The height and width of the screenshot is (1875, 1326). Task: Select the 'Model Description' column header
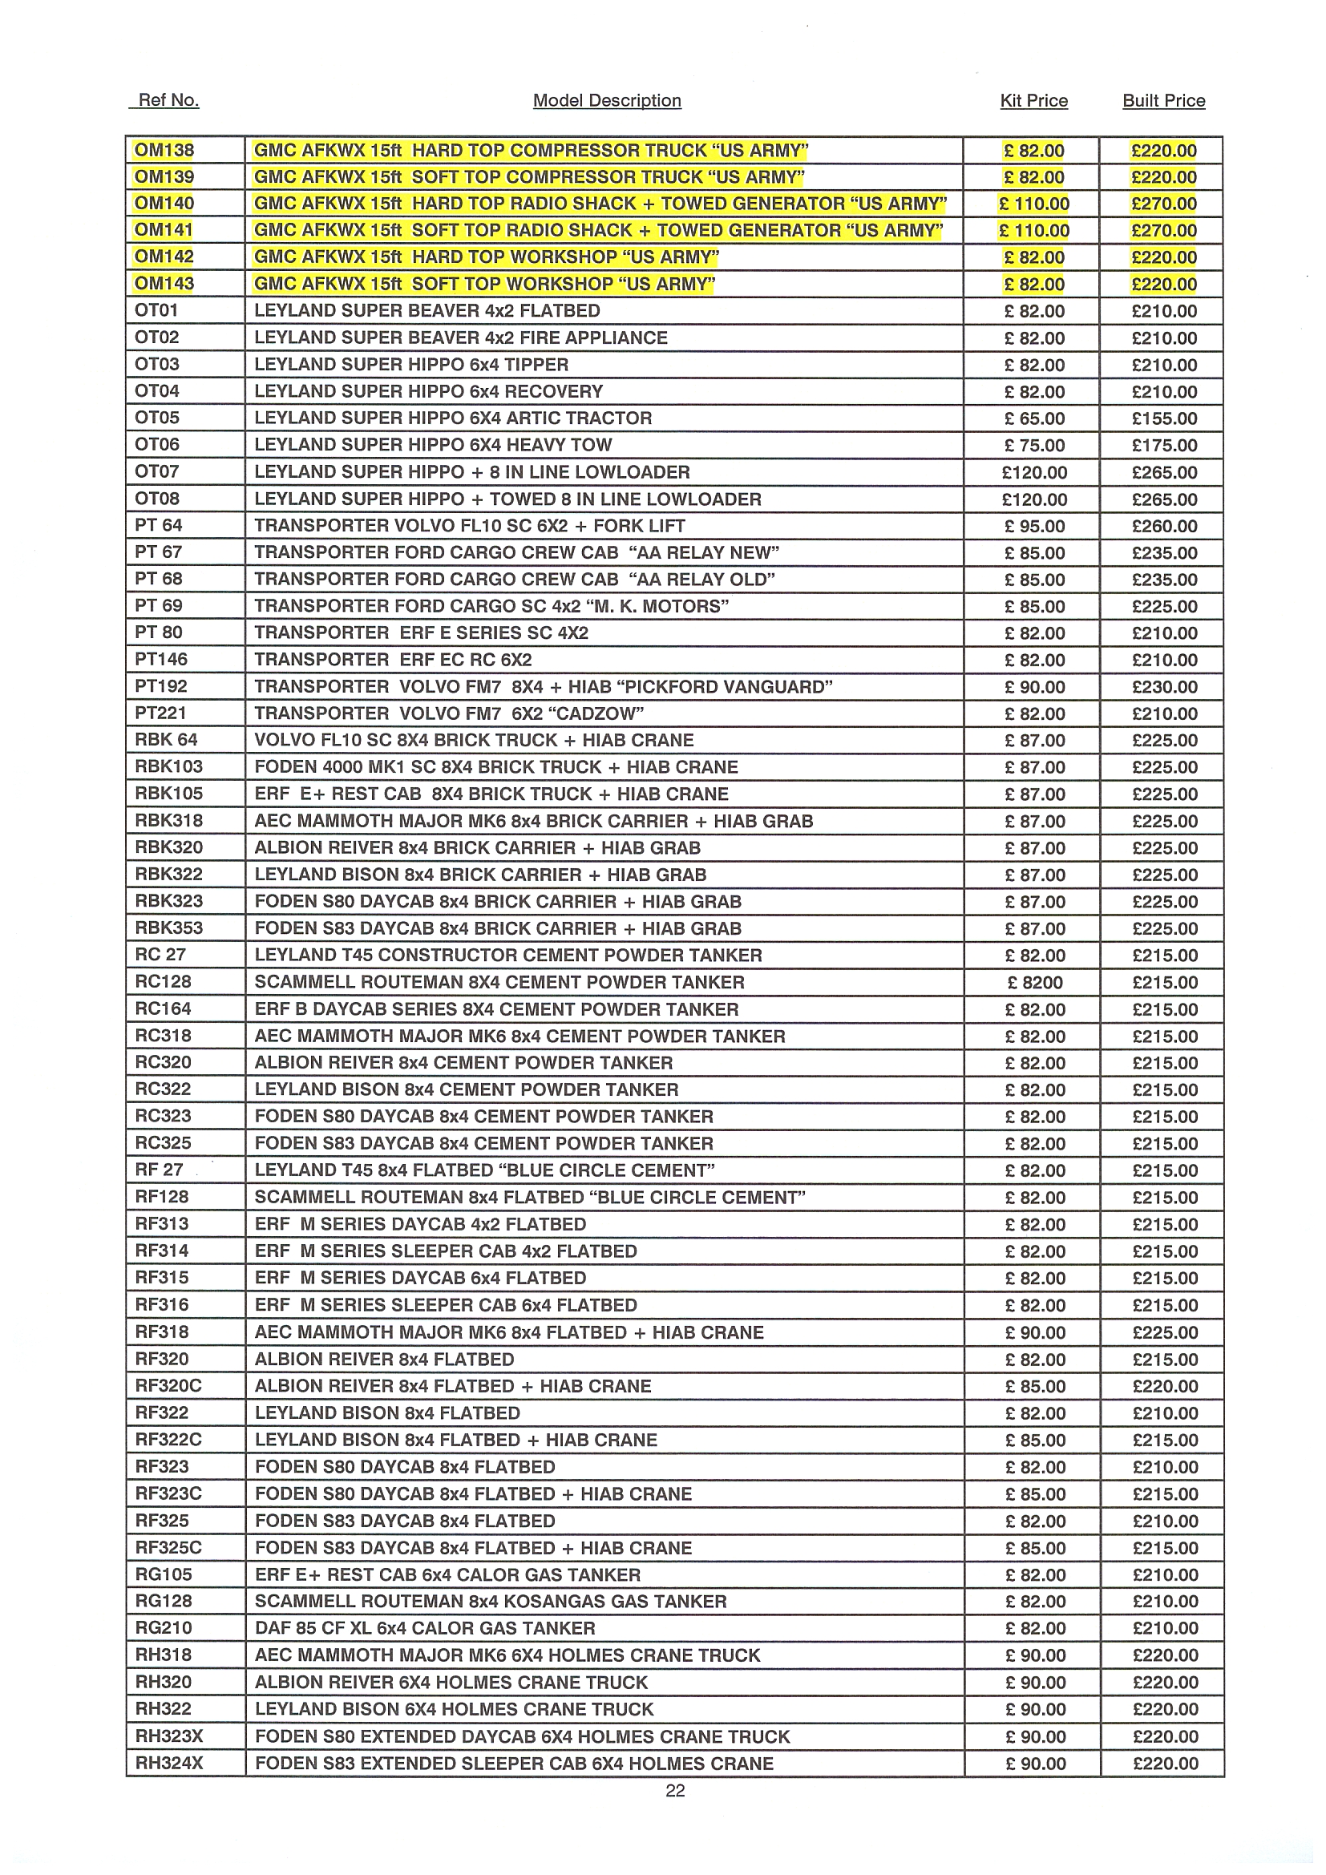(607, 100)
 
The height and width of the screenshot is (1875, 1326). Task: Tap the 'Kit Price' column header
(1033, 100)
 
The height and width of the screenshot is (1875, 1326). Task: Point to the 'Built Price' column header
(1163, 100)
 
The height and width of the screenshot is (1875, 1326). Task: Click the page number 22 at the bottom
(675, 1791)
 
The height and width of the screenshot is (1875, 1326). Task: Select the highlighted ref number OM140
(164, 204)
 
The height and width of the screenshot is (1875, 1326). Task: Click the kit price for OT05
(1034, 418)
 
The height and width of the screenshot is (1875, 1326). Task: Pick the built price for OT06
(1164, 445)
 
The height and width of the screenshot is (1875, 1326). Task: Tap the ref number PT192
(161, 687)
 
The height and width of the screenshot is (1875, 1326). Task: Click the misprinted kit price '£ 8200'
(1034, 983)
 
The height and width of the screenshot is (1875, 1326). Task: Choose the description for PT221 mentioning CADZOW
(449, 713)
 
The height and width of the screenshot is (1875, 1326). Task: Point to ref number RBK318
(169, 821)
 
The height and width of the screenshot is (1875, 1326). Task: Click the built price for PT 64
(1164, 526)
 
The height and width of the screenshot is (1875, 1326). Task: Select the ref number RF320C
(168, 1386)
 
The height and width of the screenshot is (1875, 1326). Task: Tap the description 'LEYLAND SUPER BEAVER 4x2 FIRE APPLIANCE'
(460, 338)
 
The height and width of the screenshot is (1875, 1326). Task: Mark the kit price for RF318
(1035, 1333)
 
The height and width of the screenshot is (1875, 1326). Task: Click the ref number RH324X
(169, 1763)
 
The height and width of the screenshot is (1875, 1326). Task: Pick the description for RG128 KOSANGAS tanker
(490, 1602)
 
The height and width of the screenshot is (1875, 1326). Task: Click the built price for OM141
(1163, 230)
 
